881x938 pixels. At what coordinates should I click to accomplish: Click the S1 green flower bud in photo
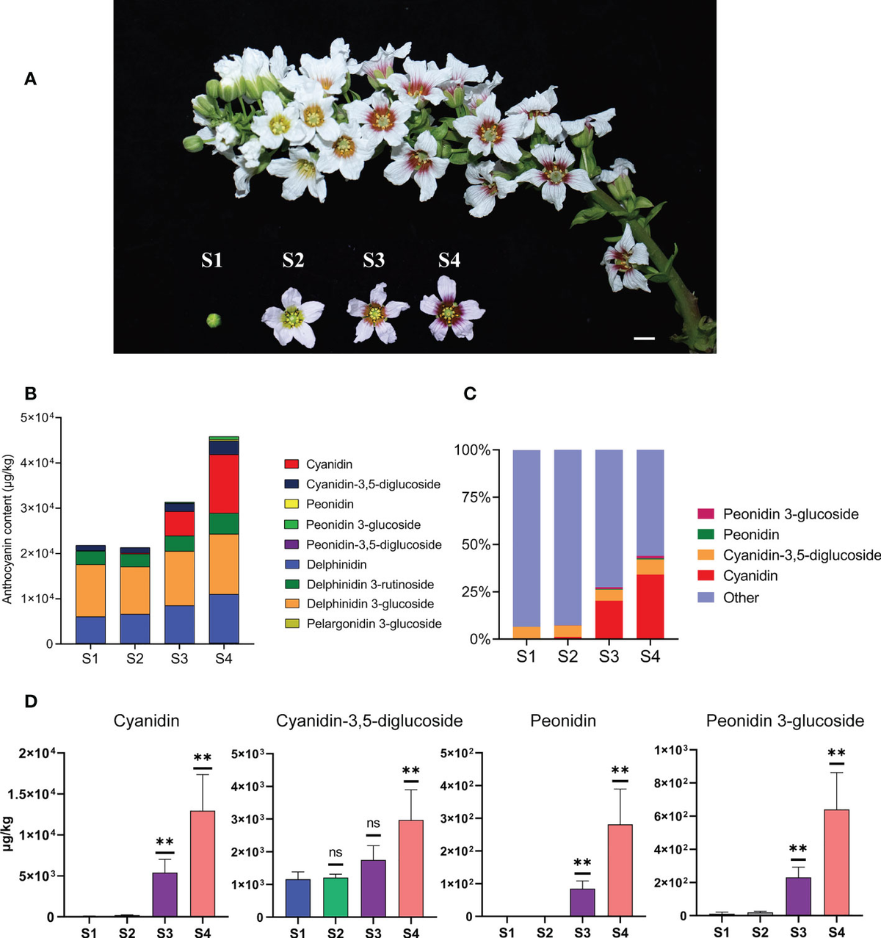coord(213,320)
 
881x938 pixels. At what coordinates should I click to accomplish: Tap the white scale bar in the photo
coord(644,339)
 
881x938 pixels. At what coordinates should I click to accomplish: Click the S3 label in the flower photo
coord(374,260)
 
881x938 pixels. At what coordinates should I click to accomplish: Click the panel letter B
coord(31,393)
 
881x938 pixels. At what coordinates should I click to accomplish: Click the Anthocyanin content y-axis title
coord(8,529)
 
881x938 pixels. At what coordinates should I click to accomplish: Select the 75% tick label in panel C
coord(472,497)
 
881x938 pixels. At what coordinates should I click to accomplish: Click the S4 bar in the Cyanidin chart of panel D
coord(203,863)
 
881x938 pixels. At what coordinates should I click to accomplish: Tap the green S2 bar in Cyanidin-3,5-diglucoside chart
coord(336,897)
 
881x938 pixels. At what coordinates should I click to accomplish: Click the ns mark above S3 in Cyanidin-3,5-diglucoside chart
coord(373,823)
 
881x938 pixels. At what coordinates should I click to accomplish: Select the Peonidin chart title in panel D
coord(563,721)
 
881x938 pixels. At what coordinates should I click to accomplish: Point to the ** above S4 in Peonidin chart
coord(620,771)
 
